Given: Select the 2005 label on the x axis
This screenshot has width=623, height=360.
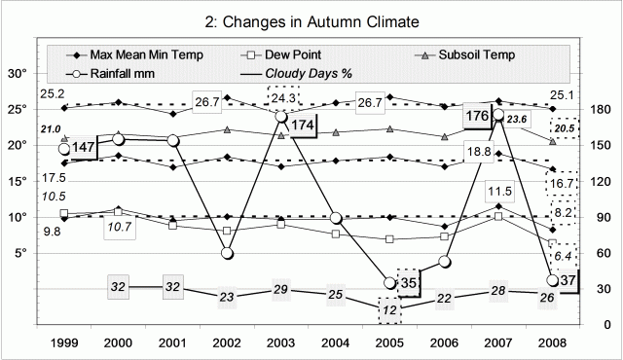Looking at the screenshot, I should click(x=389, y=342).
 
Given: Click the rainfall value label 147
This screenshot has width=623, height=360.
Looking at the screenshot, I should click(x=85, y=147).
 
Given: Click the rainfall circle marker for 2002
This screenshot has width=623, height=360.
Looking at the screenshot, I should click(x=228, y=253).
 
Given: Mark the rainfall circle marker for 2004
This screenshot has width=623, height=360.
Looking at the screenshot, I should click(x=336, y=218).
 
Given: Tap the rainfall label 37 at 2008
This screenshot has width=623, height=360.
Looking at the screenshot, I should click(x=570, y=280).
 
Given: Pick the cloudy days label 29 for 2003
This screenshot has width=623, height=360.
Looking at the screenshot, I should click(x=280, y=290).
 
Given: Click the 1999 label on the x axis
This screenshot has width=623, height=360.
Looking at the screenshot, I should click(x=64, y=342).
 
